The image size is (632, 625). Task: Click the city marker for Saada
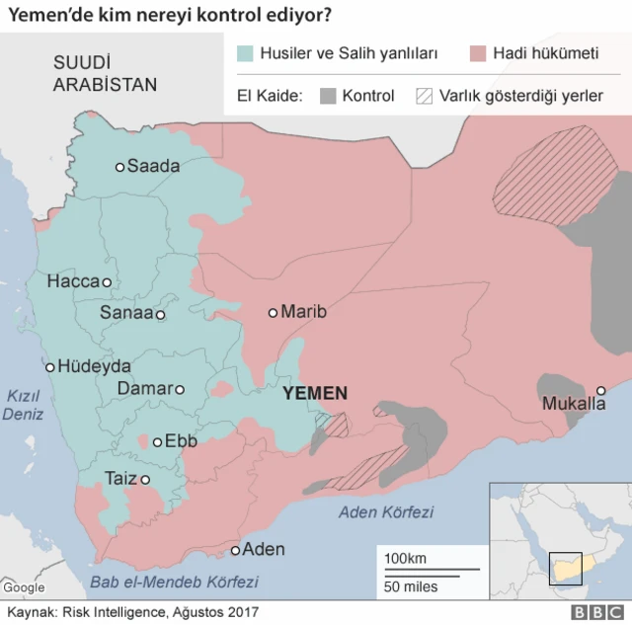[120, 167]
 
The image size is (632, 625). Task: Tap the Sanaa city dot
[160, 315]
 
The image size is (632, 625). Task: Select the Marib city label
[303, 312]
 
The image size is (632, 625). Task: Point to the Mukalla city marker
[600, 391]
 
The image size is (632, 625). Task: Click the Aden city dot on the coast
[235, 550]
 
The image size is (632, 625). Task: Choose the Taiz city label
[120, 479]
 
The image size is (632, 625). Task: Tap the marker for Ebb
[156, 441]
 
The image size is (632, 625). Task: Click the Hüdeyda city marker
[49, 365]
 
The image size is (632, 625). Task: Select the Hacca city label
[73, 281]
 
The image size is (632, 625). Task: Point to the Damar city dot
[179, 389]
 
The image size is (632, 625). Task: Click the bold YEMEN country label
[315, 393]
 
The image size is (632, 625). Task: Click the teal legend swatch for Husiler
[245, 52]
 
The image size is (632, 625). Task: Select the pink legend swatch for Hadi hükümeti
[481, 52]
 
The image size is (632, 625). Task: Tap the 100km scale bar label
[405, 559]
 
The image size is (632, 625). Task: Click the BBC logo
[592, 612]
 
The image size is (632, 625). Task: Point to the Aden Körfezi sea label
[386, 511]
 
